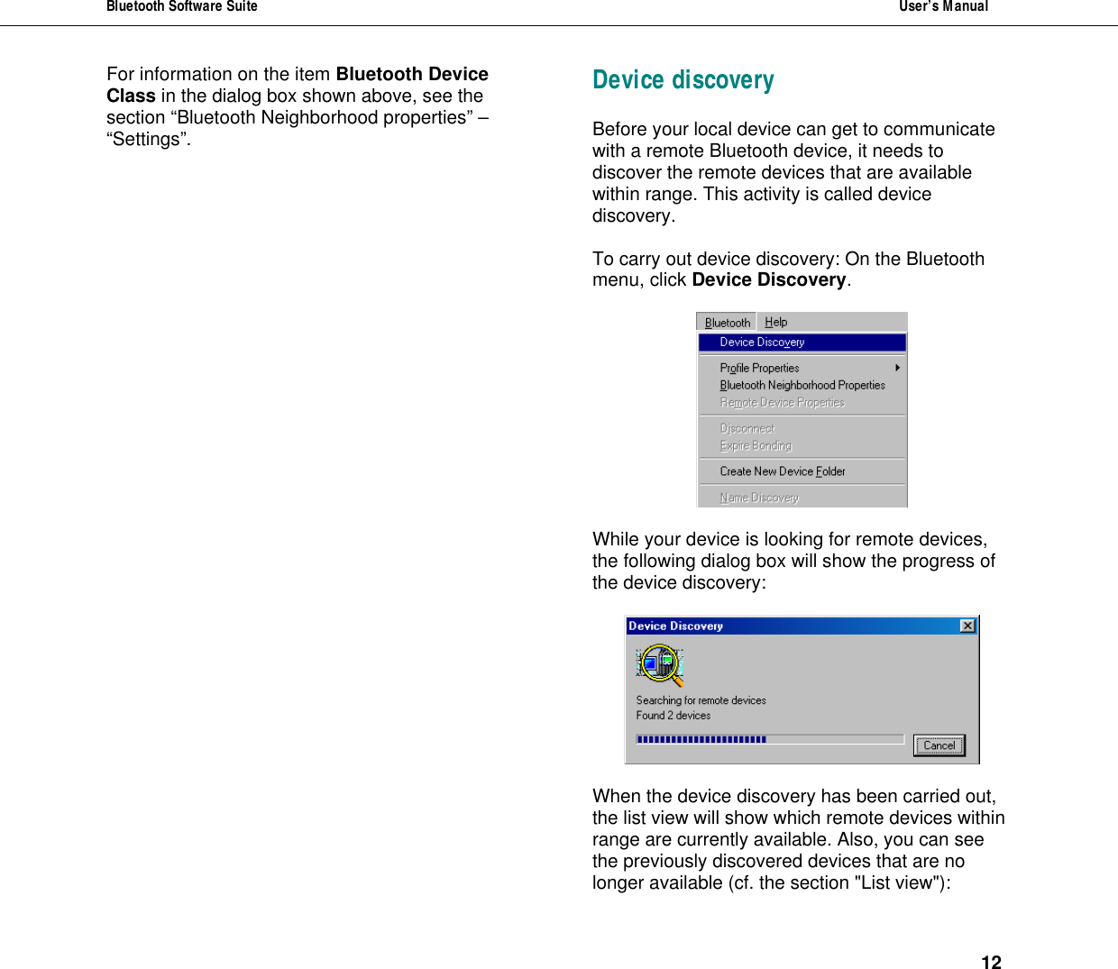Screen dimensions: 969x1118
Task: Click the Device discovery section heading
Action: tap(683, 80)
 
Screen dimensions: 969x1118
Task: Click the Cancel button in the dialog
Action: tap(939, 745)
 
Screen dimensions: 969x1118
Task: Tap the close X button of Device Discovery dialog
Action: tap(967, 626)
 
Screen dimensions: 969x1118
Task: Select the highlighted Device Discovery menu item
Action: tap(762, 343)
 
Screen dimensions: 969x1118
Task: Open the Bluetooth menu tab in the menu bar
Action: tap(727, 323)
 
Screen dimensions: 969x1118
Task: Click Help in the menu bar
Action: tap(775, 322)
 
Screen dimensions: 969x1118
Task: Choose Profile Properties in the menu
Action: tap(759, 368)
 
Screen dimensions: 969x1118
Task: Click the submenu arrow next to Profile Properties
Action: tap(897, 368)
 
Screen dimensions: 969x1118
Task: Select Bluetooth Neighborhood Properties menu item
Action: tap(802, 385)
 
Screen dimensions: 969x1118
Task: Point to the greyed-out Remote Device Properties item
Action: tap(782, 403)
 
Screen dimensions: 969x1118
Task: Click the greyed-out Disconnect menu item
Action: tap(747, 429)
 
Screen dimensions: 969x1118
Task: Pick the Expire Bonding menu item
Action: tap(756, 446)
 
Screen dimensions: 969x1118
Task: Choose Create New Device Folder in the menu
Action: tap(782, 471)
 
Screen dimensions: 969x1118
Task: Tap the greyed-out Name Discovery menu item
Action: tap(758, 498)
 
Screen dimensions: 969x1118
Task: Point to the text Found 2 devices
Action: tap(673, 716)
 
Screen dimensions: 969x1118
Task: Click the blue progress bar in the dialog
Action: tap(701, 739)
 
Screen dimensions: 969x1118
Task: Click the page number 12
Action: tap(991, 962)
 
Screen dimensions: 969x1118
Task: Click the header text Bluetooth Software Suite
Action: tap(181, 7)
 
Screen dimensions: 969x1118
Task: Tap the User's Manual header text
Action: tap(943, 7)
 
